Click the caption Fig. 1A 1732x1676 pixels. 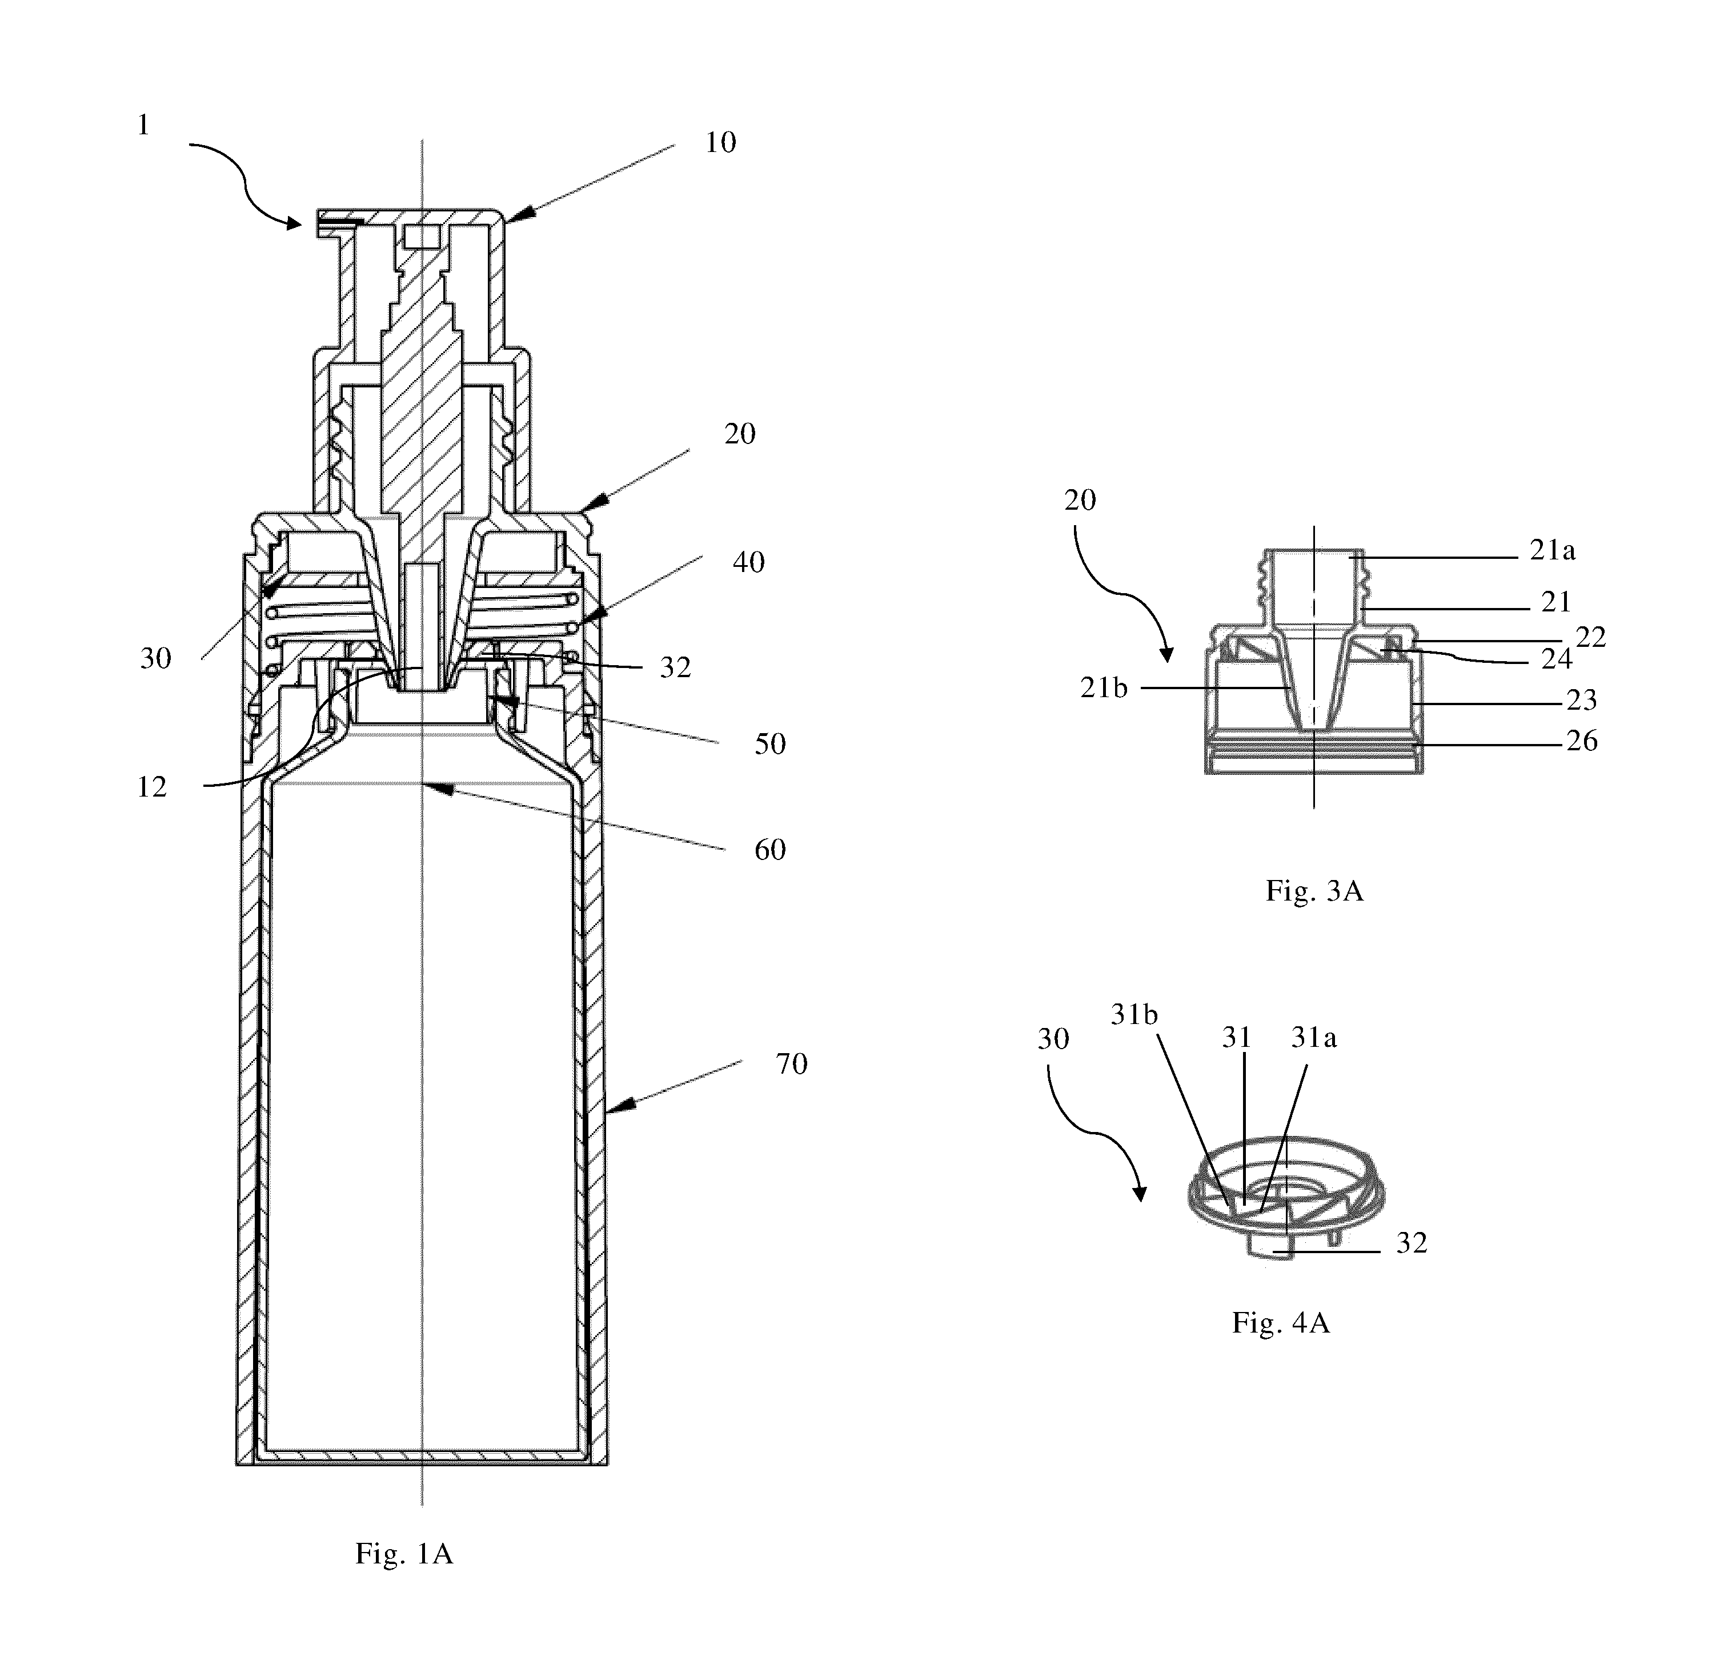(404, 1553)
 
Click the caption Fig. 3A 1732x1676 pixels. (1314, 890)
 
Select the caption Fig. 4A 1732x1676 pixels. (1281, 1322)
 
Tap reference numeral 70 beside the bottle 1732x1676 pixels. (792, 1063)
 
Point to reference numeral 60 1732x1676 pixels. (769, 850)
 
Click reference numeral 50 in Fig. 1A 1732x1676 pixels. (769, 743)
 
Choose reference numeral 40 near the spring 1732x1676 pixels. (748, 562)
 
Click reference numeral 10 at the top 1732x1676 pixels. (720, 142)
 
